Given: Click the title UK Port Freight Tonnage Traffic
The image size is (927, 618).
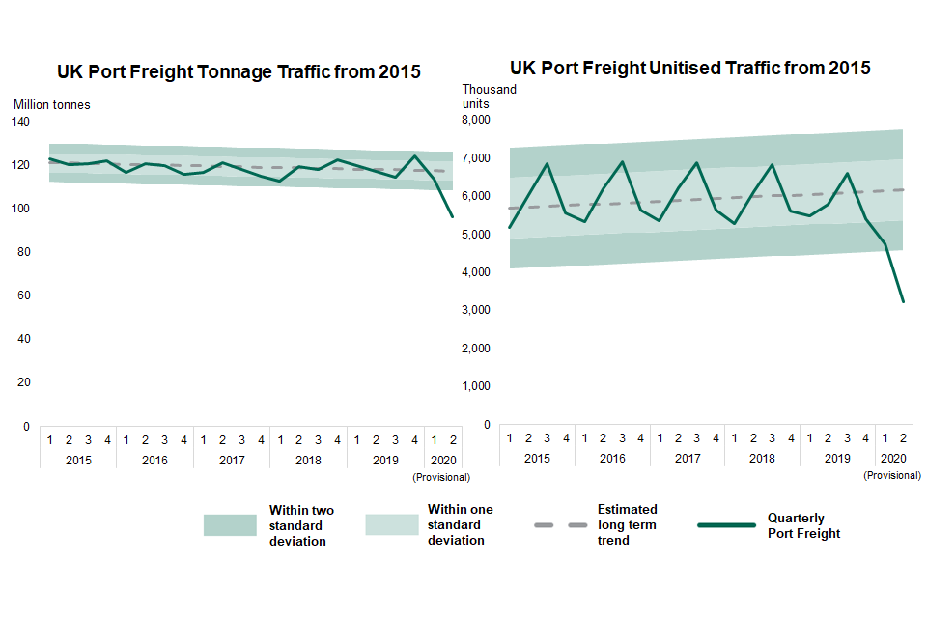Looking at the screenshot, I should (x=239, y=71).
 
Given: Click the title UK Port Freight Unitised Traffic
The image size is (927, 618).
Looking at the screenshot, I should (x=689, y=68).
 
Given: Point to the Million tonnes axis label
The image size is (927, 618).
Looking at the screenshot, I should (x=52, y=104).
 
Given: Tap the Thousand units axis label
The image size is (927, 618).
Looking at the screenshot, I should (x=489, y=97).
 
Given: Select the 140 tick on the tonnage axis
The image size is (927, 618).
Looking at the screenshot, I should (x=20, y=122).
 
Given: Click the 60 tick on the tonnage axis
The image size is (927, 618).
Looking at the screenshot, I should (x=23, y=295).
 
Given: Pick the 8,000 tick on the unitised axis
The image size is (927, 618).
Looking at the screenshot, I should (x=477, y=120).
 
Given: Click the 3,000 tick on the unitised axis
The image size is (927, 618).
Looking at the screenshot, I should (x=477, y=310).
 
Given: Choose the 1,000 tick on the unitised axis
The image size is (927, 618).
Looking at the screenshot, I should (x=477, y=386).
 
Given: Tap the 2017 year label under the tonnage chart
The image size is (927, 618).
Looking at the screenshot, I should (x=232, y=460).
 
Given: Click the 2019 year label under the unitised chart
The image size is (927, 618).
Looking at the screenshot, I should (x=837, y=458).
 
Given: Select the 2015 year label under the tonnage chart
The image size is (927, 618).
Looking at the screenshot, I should (x=78, y=460).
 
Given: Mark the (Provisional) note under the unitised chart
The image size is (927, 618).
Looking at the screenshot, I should (x=892, y=475).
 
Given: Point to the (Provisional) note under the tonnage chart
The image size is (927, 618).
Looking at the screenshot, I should (x=441, y=477).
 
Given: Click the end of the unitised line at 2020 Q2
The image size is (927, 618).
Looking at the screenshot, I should (x=904, y=302).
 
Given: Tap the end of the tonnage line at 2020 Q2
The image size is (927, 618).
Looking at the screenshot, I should (x=452, y=216).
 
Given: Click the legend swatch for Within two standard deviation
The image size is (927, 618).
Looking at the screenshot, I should (x=230, y=525).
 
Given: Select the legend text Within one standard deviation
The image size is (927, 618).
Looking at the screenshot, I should (x=460, y=524).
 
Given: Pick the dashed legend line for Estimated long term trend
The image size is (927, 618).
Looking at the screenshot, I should (x=559, y=525).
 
